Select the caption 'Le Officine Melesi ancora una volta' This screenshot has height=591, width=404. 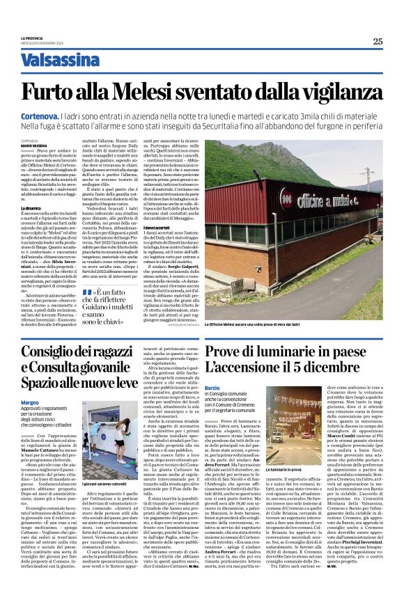(250, 324)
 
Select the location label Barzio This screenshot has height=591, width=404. (212, 387)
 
